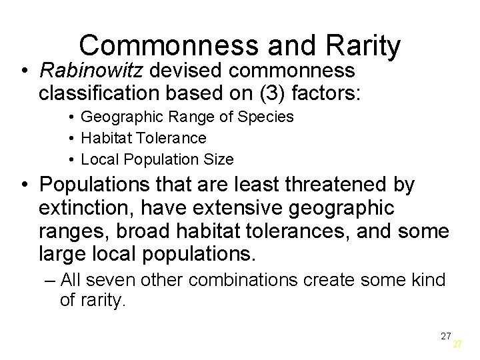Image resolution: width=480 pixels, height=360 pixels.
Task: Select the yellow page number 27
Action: click(x=457, y=344)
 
